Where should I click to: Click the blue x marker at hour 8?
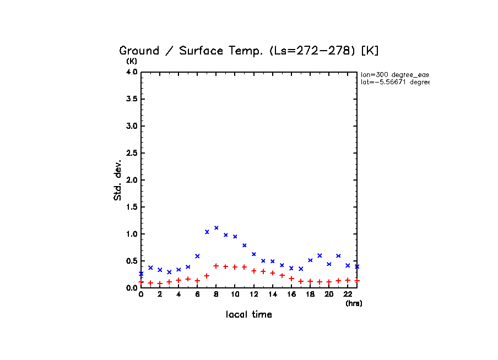216,227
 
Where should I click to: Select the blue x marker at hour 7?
207,232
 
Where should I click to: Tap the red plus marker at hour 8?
216,266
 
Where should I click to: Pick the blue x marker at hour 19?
320,255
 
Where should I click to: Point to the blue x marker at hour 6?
197,256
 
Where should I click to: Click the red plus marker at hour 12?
254,271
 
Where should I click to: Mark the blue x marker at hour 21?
338,256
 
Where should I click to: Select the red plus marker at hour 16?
291,279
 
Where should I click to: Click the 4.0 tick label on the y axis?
132,72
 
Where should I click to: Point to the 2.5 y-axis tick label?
132,153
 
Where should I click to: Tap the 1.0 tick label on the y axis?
132,234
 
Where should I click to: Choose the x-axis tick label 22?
348,294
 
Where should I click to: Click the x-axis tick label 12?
254,294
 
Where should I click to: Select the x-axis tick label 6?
197,294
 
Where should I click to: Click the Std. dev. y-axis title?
118,180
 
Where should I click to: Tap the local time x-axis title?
248,315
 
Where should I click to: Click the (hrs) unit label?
354,303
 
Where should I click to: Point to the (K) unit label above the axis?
132,61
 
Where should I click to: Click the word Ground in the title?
139,51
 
